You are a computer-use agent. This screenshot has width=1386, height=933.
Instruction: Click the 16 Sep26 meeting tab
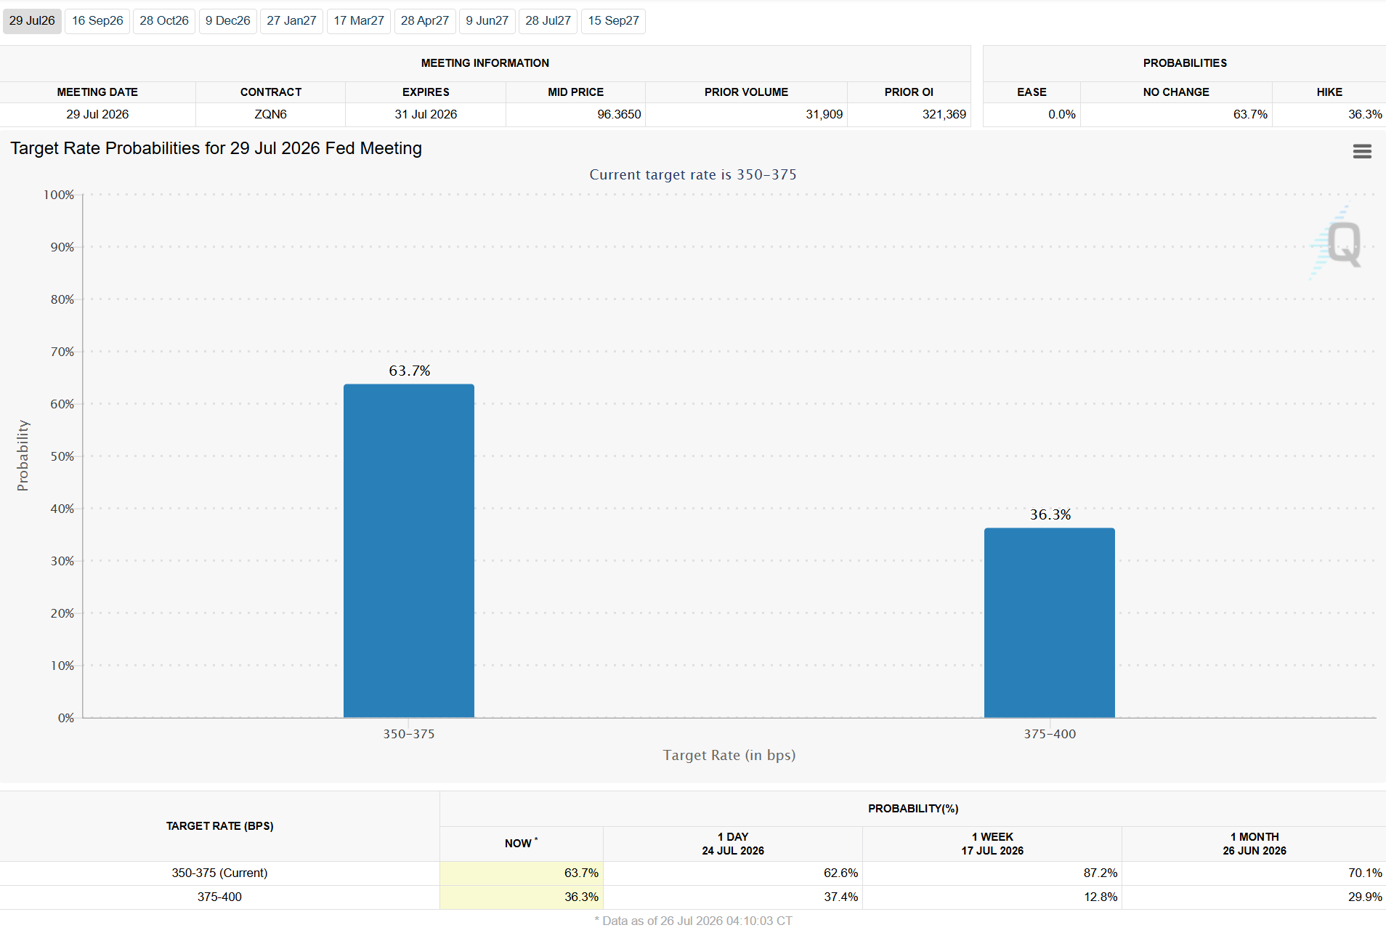click(97, 21)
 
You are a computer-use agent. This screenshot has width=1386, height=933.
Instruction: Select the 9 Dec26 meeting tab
click(227, 21)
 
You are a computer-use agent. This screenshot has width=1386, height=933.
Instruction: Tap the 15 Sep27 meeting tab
click(613, 21)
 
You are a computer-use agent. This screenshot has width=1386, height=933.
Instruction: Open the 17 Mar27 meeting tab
click(359, 21)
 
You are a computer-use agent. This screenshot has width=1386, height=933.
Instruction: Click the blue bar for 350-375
click(409, 551)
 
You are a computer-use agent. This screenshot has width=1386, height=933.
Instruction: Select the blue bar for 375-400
click(1050, 623)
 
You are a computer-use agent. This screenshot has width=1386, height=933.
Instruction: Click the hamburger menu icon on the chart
click(1362, 151)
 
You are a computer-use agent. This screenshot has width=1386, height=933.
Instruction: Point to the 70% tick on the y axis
click(62, 352)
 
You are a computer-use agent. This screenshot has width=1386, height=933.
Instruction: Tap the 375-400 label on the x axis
click(1050, 734)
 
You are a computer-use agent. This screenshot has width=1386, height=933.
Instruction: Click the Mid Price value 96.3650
click(619, 114)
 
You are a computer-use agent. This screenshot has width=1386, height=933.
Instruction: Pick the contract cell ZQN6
click(270, 114)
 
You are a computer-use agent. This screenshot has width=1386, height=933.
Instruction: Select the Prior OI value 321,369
click(944, 114)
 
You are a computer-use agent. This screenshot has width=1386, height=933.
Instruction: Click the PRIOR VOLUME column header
click(746, 92)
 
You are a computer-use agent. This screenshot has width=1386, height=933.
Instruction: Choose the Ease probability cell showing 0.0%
click(1061, 114)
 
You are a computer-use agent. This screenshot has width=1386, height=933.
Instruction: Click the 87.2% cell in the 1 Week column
click(1101, 873)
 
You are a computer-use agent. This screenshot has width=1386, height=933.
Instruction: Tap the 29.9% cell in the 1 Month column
click(1365, 897)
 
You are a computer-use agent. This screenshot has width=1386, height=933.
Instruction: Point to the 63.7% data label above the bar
click(410, 371)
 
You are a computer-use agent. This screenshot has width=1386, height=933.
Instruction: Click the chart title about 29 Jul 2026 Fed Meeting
click(216, 148)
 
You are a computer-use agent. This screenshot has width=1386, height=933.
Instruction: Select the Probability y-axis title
click(23, 456)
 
